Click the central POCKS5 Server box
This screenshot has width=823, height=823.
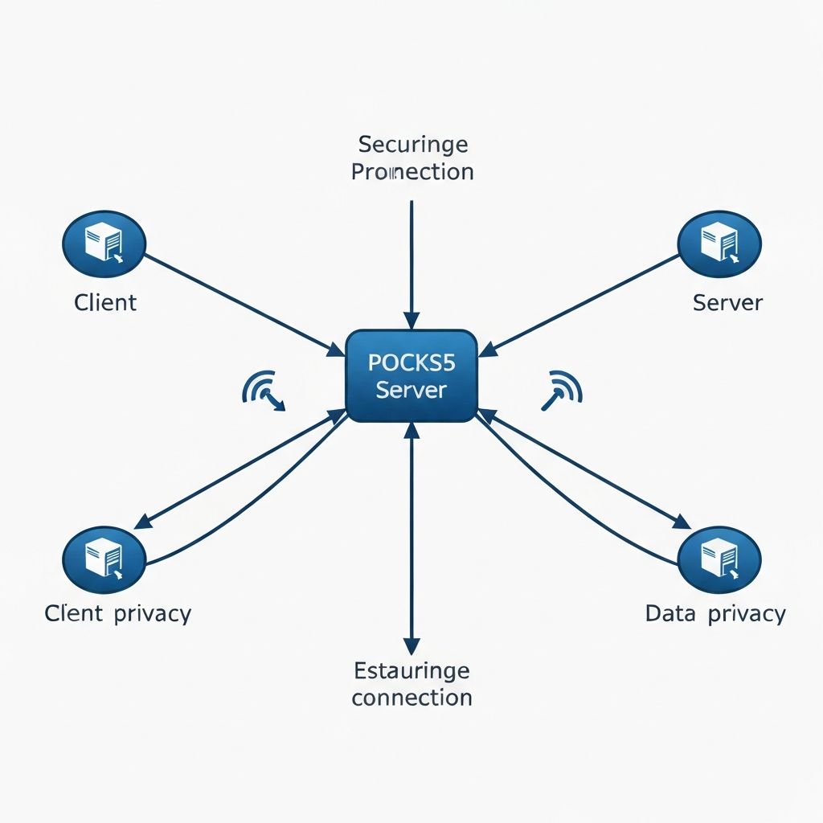point(411,376)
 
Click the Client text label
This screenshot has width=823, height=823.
point(105,302)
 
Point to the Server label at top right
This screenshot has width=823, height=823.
point(727,302)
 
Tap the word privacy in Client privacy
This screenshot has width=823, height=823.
point(153,614)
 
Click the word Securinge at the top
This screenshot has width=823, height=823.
point(413,145)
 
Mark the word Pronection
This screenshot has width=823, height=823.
point(413,171)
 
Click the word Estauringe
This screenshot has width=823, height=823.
point(411,670)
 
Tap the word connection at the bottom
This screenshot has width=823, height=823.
point(411,697)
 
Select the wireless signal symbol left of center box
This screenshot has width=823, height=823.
point(262,389)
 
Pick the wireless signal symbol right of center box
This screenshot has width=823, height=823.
point(563,389)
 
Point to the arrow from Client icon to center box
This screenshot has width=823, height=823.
point(241,304)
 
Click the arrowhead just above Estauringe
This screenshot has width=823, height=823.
point(411,645)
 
